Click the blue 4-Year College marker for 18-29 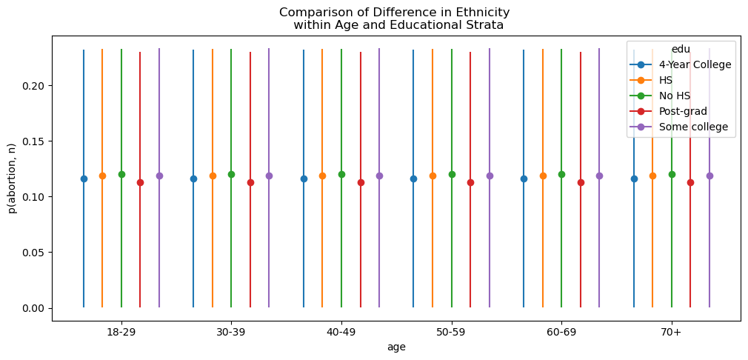click(x=84, y=179)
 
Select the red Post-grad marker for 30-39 click(x=250, y=182)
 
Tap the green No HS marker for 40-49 click(x=341, y=175)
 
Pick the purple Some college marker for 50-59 click(x=490, y=176)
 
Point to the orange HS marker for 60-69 click(x=543, y=176)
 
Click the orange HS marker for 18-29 click(x=102, y=176)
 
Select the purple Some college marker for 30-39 click(x=269, y=176)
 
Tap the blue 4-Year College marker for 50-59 click(x=413, y=179)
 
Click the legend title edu click(x=681, y=49)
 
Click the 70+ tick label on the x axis click(x=672, y=333)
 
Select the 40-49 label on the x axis click(x=341, y=333)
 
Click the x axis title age click(x=396, y=347)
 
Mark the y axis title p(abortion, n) click(x=12, y=178)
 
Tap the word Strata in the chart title click(x=484, y=25)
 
